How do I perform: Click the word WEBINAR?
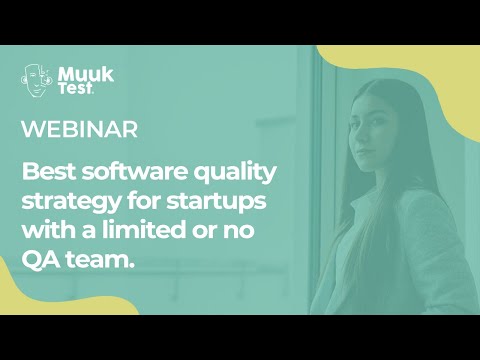79,130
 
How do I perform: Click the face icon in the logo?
38,81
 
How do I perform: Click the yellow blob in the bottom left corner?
70,305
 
